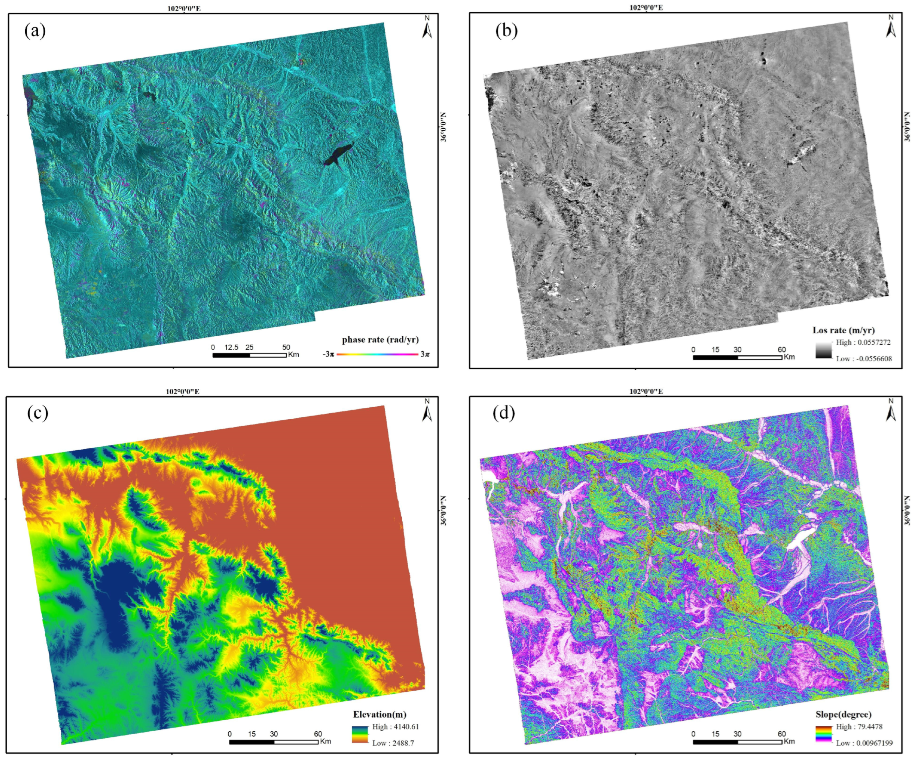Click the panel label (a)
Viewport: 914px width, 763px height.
click(35, 31)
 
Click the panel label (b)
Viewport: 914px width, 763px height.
click(506, 31)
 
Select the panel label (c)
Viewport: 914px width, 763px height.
click(38, 413)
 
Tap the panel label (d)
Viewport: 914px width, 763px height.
click(503, 413)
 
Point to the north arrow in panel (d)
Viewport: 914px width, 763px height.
click(891, 411)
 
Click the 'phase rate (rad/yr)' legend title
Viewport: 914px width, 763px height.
click(380, 340)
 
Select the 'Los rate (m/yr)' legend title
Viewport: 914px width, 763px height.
click(843, 330)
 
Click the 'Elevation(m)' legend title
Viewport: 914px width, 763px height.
click(380, 714)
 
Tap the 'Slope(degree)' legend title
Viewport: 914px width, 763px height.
click(843, 714)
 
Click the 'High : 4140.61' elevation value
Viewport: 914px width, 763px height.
click(395, 726)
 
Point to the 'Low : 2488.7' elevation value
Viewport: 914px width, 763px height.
click(392, 743)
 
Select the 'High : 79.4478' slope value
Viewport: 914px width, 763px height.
click(859, 726)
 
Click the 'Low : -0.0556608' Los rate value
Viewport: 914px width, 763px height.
click(863, 359)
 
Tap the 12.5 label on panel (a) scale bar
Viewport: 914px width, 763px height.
click(231, 347)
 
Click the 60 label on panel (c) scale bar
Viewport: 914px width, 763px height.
click(318, 734)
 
